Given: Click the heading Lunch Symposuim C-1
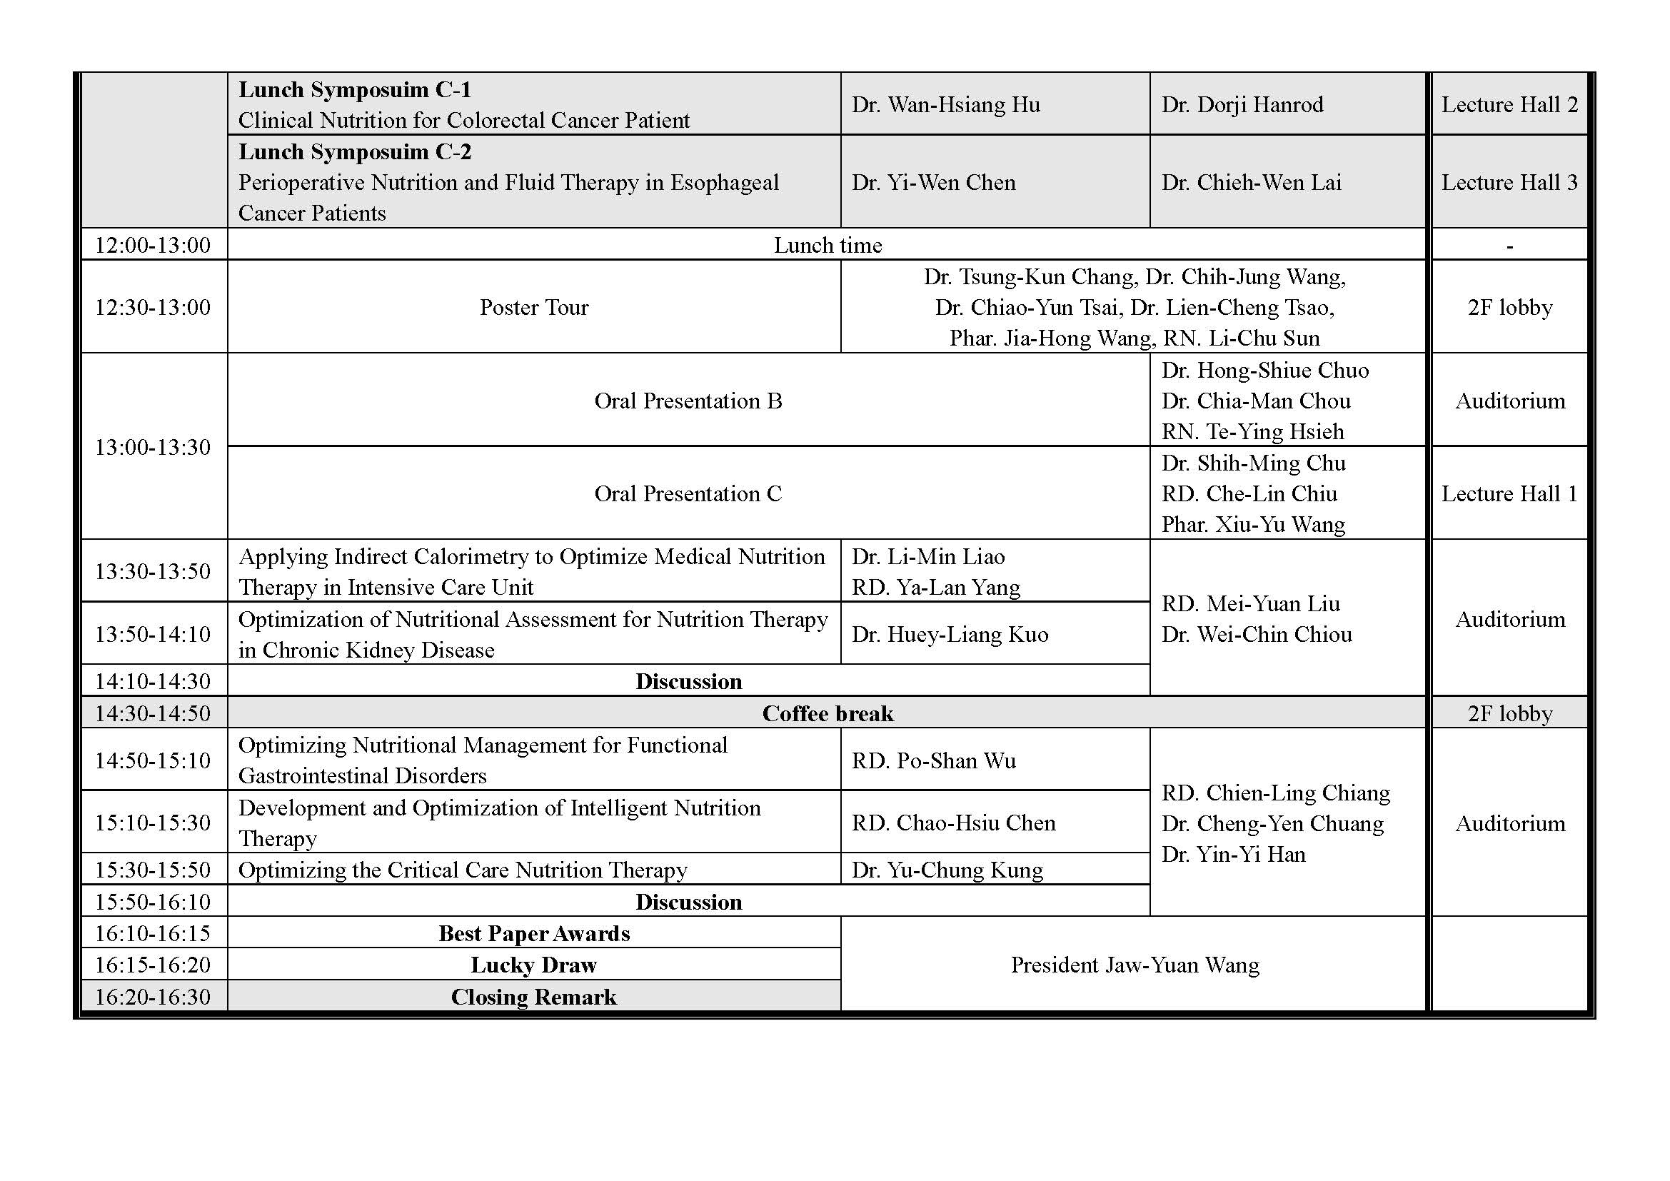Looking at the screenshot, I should pos(355,90).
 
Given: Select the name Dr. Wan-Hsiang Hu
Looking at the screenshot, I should pos(945,105).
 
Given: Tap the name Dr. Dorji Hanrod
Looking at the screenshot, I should pos(1242,105).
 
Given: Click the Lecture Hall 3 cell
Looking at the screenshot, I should pos(1509,183).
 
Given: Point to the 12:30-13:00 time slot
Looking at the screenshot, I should pos(153,308).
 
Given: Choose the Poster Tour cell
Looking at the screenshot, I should pos(534,308).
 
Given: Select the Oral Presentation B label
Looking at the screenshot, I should pos(688,401).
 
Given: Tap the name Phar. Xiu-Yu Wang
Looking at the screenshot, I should pos(1252,524).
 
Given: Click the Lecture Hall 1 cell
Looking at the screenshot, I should pos(1509,494).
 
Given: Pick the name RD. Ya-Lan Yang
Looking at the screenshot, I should pos(936,587).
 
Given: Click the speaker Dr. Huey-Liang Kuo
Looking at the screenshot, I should pos(950,635).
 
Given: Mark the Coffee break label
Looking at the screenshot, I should pos(828,713).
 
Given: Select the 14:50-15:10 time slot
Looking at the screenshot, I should pos(153,760).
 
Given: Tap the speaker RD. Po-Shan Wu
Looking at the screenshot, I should pos(934,760).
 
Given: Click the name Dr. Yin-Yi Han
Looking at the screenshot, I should pos(1233,854).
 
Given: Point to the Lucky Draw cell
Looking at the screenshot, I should pos(534,965).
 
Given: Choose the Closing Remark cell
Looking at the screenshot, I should pos(534,997).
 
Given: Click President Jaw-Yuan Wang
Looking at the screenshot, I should pos(1135,965).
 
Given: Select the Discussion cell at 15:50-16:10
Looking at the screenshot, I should pos(688,902).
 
